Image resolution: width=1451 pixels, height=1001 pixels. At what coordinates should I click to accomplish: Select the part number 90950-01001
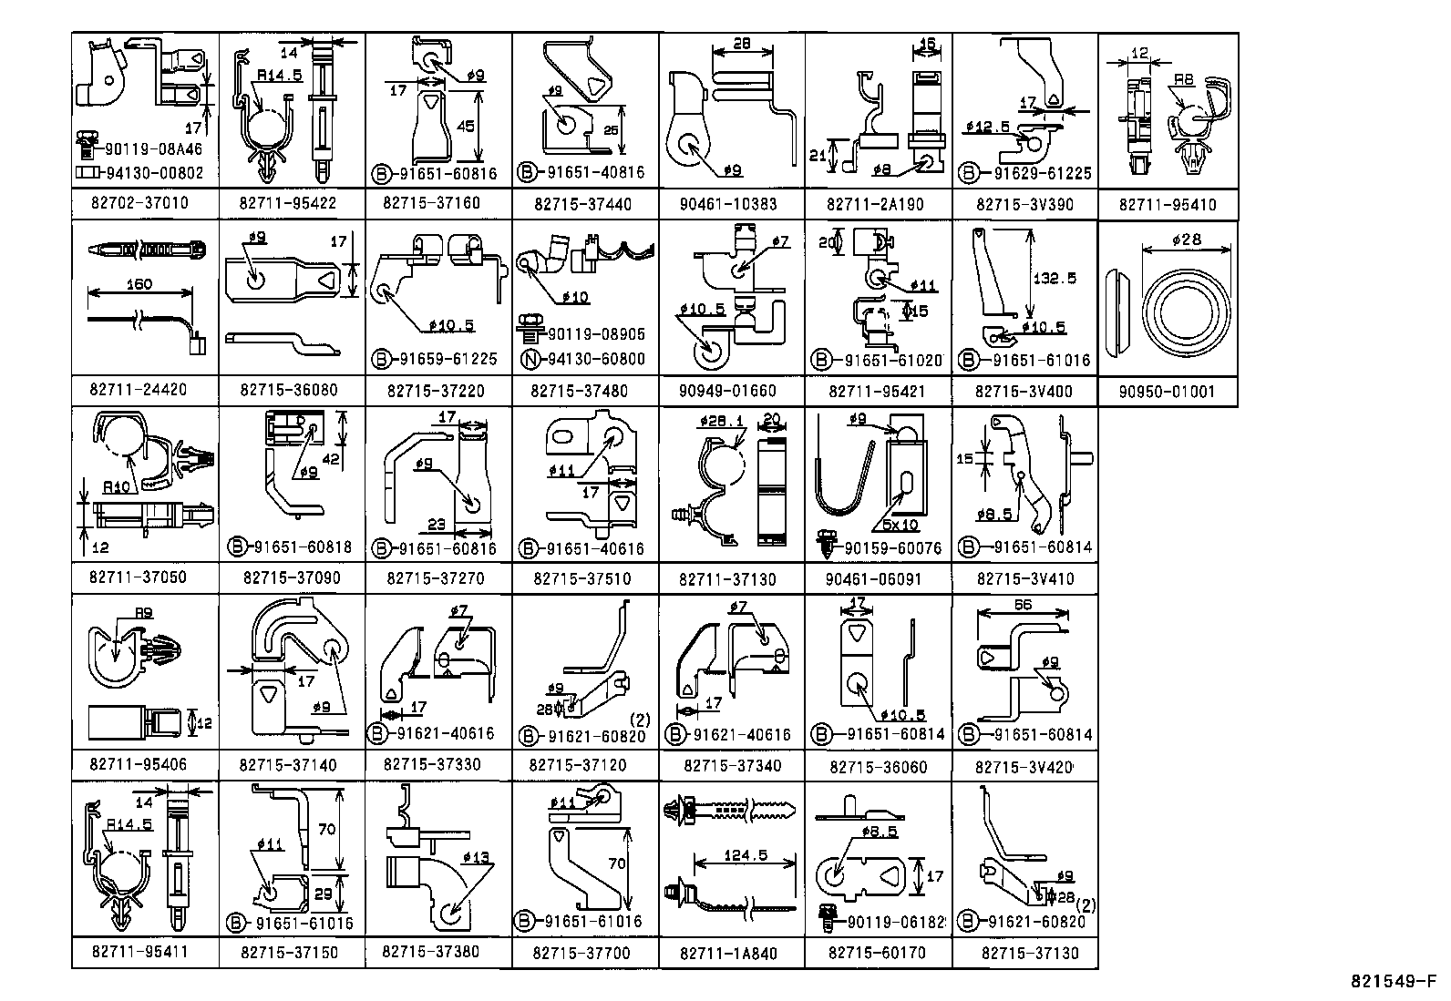pyautogui.click(x=1168, y=392)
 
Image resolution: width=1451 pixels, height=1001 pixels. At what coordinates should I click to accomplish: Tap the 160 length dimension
pyautogui.click(x=139, y=283)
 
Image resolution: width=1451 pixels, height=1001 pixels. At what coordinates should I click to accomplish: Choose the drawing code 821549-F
pyautogui.click(x=1393, y=982)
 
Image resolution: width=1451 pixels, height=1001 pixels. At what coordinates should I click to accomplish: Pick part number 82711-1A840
pyautogui.click(x=728, y=954)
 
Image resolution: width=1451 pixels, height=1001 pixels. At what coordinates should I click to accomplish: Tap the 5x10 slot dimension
pyautogui.click(x=899, y=526)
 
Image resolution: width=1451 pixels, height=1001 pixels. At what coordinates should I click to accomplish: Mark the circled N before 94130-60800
pyautogui.click(x=528, y=359)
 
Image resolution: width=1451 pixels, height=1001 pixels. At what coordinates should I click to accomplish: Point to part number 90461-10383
pyautogui.click(x=728, y=204)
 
